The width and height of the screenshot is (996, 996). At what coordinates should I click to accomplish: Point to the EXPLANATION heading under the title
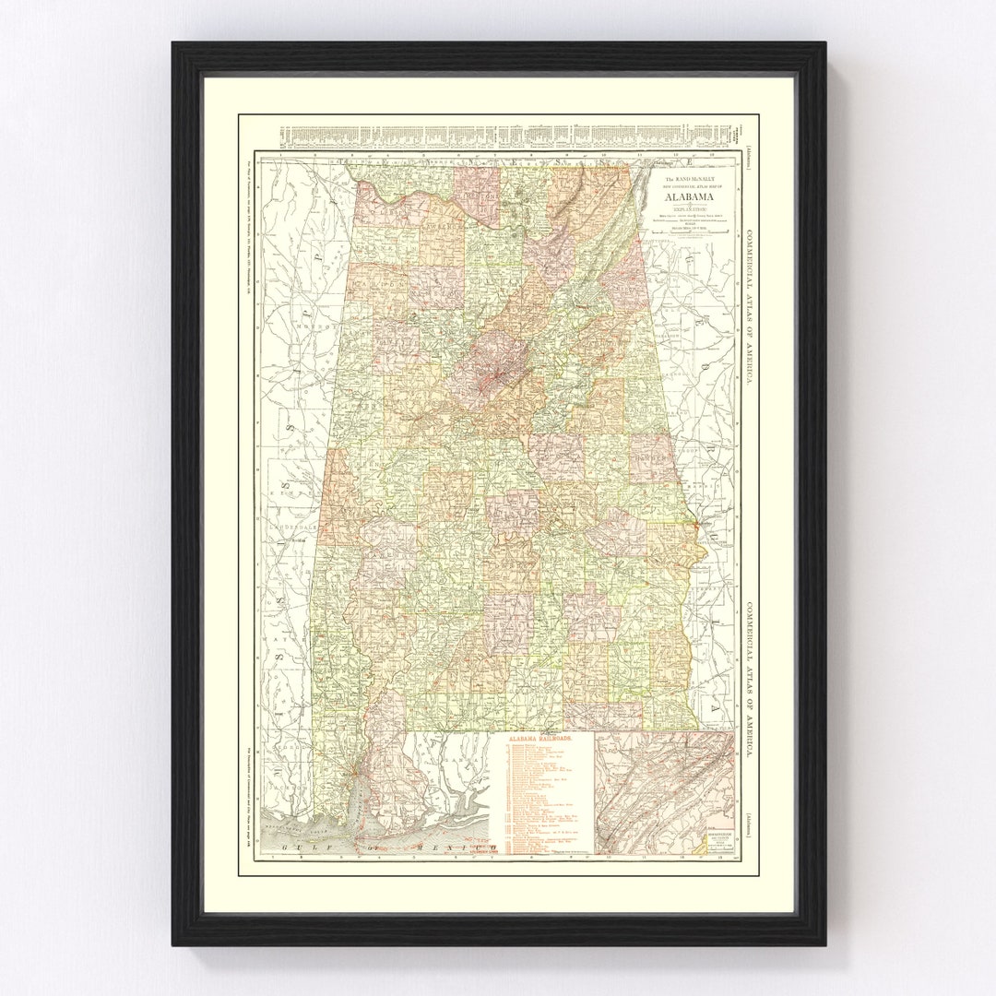[x=692, y=209]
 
